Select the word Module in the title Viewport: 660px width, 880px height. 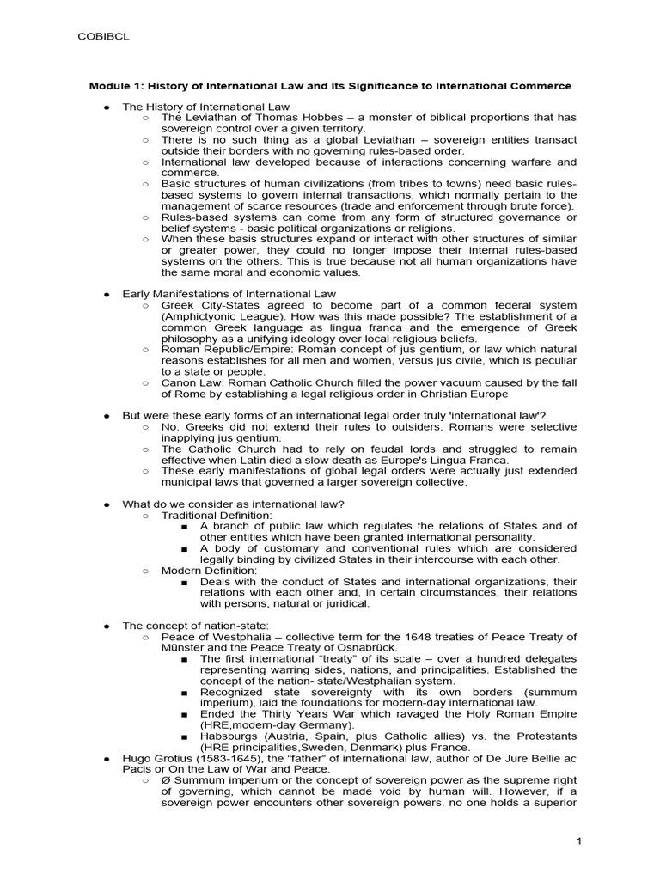click(109, 86)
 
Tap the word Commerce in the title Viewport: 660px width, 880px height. click(541, 86)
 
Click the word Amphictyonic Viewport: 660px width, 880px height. click(199, 316)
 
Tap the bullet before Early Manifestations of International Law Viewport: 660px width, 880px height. click(107, 294)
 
